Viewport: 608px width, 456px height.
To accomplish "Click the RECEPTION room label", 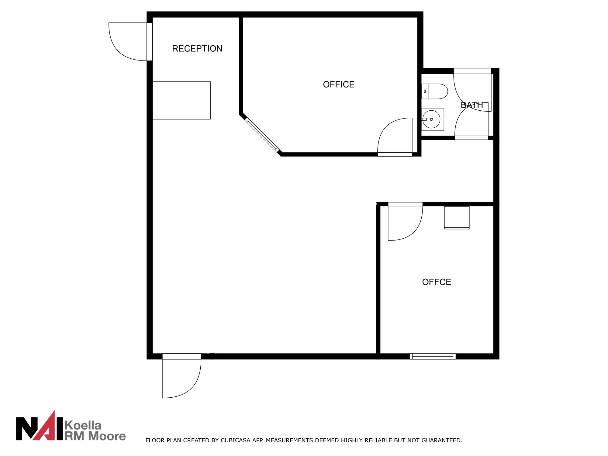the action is click(197, 49).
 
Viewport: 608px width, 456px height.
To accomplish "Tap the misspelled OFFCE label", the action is click(437, 282).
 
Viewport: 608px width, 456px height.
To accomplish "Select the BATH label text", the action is click(472, 105).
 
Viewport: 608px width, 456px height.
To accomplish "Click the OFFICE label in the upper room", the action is click(339, 85).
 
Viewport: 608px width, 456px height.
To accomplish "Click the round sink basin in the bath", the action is click(431, 119).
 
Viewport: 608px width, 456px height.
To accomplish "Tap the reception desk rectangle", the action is click(181, 100).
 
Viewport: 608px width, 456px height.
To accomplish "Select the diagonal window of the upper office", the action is click(262, 135).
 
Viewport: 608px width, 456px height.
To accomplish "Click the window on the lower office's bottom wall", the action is click(433, 356).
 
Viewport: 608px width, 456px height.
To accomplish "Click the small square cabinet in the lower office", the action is click(457, 218).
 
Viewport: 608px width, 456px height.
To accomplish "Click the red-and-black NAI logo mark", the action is click(40, 425).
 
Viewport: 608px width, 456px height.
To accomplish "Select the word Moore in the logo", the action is click(107, 436).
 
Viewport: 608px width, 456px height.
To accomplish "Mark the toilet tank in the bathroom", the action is click(425, 92).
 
